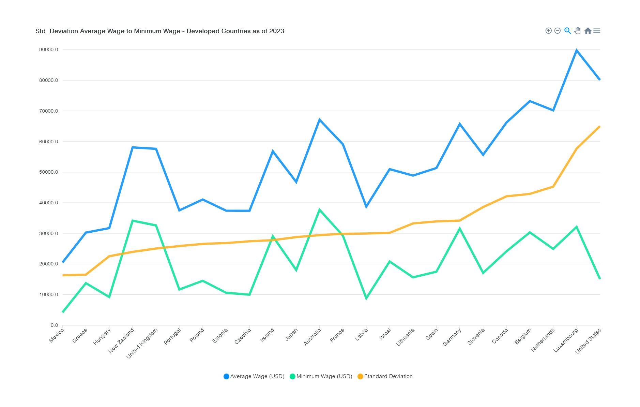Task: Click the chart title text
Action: pos(159,31)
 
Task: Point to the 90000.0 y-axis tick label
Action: pos(49,50)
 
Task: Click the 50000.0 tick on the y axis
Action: pos(49,172)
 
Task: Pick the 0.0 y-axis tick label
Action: pos(54,325)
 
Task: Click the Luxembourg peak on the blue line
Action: pos(576,50)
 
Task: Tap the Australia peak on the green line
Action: pos(319,210)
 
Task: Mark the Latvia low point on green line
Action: pos(366,299)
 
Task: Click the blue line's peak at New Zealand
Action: pos(133,147)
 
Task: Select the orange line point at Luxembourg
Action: pos(576,149)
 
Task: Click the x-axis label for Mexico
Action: pos(57,335)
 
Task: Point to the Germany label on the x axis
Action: pos(452,337)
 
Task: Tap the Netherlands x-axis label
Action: pos(543,339)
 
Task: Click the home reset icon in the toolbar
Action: pos(588,31)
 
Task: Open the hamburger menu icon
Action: pos(597,31)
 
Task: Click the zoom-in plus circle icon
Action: pos(548,31)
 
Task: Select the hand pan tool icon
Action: pos(577,31)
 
